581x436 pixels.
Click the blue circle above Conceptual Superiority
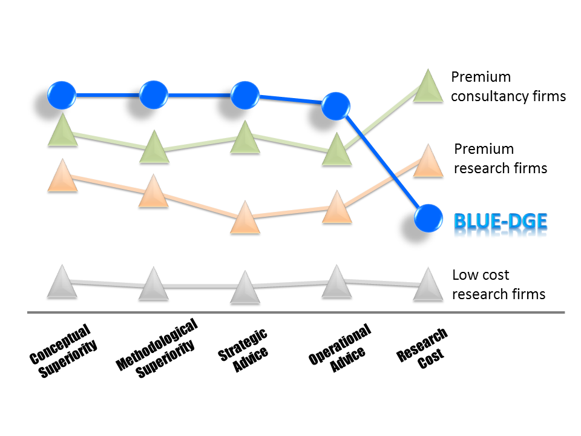pyautogui.click(x=62, y=95)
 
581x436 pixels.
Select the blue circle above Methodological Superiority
pyautogui.click(x=153, y=95)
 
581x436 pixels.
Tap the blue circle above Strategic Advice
pyautogui.click(x=245, y=95)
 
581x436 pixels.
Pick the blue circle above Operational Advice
pyautogui.click(x=336, y=106)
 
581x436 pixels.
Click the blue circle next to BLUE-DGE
pyautogui.click(x=428, y=219)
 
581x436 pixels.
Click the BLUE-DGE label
pyautogui.click(x=501, y=222)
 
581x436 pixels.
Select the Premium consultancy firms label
pyautogui.click(x=508, y=87)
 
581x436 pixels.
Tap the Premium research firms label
pyautogui.click(x=501, y=159)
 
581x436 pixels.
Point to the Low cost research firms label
pyautogui.click(x=499, y=285)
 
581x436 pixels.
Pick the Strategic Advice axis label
pyautogui.click(x=243, y=351)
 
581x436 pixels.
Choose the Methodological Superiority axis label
pyautogui.click(x=157, y=349)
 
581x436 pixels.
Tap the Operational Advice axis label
pyautogui.click(x=340, y=348)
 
